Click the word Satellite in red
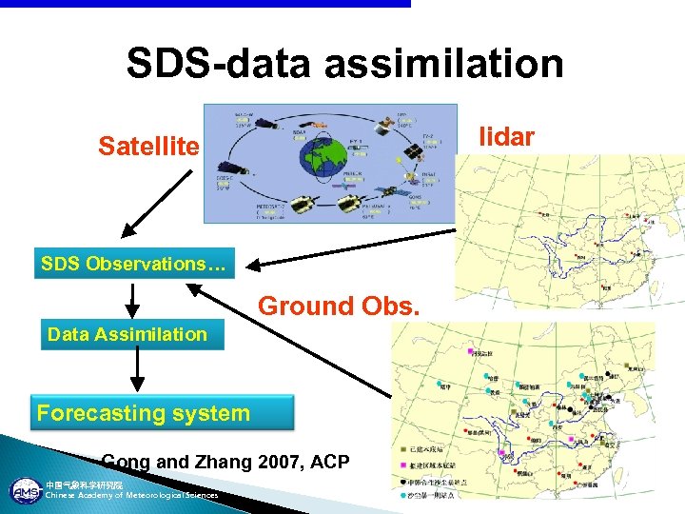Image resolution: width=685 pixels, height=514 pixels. (149, 147)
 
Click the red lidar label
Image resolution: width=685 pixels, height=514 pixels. (508, 136)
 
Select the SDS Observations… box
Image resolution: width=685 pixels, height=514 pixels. (134, 264)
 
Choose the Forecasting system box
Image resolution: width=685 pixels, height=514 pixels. (143, 413)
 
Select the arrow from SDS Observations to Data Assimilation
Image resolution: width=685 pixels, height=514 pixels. (133, 297)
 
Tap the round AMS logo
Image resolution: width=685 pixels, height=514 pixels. (22, 491)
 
